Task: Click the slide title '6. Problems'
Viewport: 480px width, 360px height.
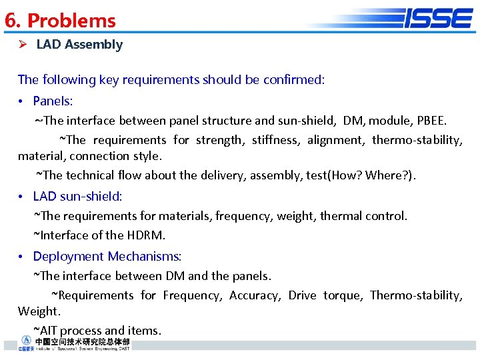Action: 60,21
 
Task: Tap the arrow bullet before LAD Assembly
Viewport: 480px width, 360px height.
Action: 22,45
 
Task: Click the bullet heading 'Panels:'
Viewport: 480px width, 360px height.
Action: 53,101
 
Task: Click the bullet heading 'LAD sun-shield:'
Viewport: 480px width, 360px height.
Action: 77,197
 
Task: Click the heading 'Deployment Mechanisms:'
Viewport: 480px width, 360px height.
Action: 107,257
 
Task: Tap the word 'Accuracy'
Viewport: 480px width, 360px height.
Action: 255,295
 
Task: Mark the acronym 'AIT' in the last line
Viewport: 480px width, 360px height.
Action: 49,331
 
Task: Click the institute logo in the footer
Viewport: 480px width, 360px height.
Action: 73,344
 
